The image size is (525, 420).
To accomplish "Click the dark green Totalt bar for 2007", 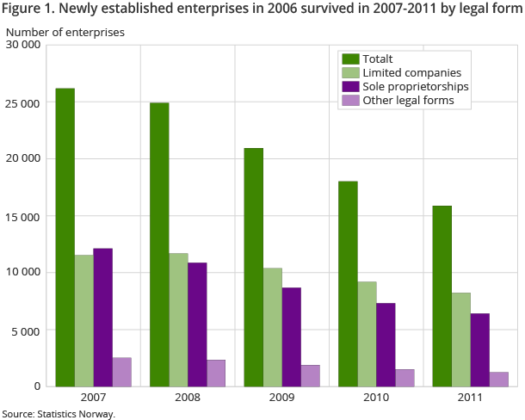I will pos(65,237).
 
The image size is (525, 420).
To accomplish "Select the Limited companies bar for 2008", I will pos(178,319).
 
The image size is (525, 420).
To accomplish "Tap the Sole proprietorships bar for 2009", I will pos(291,337).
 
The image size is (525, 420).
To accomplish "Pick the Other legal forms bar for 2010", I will pos(405,377).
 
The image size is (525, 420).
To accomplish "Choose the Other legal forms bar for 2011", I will pos(498,379).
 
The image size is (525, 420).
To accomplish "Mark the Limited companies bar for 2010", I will pos(367,333).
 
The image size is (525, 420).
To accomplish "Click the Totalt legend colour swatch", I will pos(350,59).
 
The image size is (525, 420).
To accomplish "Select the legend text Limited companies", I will pos(412,73).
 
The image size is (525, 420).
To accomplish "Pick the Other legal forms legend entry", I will pos(408,101).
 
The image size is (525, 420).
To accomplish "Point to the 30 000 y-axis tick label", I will pos(22,45).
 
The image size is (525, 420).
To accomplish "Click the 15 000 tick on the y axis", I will pos(22,216).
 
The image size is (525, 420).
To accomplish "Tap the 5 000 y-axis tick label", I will pos(26,330).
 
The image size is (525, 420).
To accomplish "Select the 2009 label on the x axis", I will pos(281,398).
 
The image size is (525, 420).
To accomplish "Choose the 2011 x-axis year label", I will pos(470,398).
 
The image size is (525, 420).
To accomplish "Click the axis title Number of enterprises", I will pos(65,32).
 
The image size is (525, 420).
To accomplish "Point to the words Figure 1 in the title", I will pos(29,11).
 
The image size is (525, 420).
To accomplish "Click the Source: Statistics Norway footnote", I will pos(59,414).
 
